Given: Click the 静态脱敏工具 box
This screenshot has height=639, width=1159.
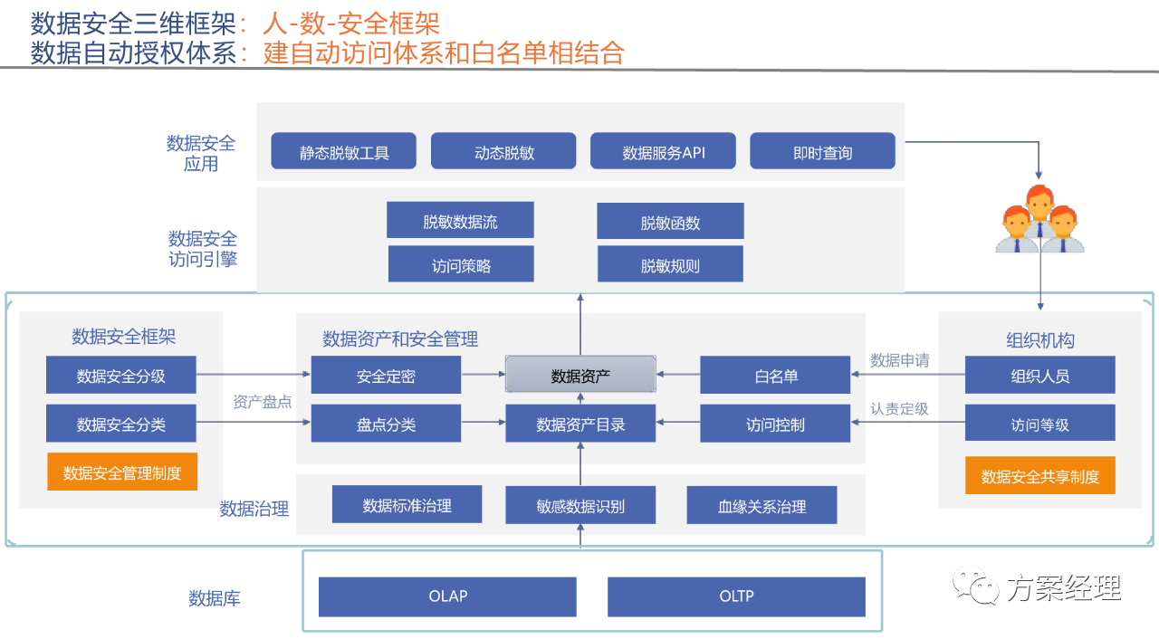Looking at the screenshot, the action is (x=343, y=151).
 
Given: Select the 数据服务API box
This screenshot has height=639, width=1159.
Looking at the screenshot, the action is (x=663, y=151).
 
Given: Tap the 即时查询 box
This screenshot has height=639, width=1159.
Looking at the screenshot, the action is (x=822, y=151).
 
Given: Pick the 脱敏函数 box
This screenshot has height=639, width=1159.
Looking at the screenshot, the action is (x=671, y=221).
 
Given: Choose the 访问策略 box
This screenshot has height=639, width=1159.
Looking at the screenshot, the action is (x=461, y=263).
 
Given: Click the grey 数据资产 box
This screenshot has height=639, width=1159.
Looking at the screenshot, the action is (x=580, y=375).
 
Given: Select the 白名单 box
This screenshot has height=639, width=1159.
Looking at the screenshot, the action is (x=775, y=375).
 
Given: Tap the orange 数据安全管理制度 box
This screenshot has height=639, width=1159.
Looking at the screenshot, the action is (x=122, y=472).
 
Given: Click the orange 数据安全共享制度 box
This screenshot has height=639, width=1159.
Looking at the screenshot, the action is (x=1040, y=475).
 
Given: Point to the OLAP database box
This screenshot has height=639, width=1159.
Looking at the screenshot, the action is (x=447, y=596).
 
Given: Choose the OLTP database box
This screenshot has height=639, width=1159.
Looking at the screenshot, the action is (x=736, y=596).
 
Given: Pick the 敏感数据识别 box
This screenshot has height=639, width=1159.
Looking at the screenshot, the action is (x=580, y=504).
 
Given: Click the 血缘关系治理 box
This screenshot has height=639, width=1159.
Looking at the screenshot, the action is (x=761, y=504).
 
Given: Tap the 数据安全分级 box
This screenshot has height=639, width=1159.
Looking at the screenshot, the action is (x=121, y=375).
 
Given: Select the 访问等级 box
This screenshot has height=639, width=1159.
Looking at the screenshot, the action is (x=1040, y=423).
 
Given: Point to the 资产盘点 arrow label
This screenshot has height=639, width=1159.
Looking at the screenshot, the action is (x=262, y=402).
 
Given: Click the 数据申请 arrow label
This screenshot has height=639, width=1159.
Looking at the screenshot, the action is (x=900, y=360).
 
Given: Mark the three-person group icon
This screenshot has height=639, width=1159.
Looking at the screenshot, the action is (x=1040, y=219).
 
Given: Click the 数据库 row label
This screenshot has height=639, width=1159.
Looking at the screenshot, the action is (x=215, y=598).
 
